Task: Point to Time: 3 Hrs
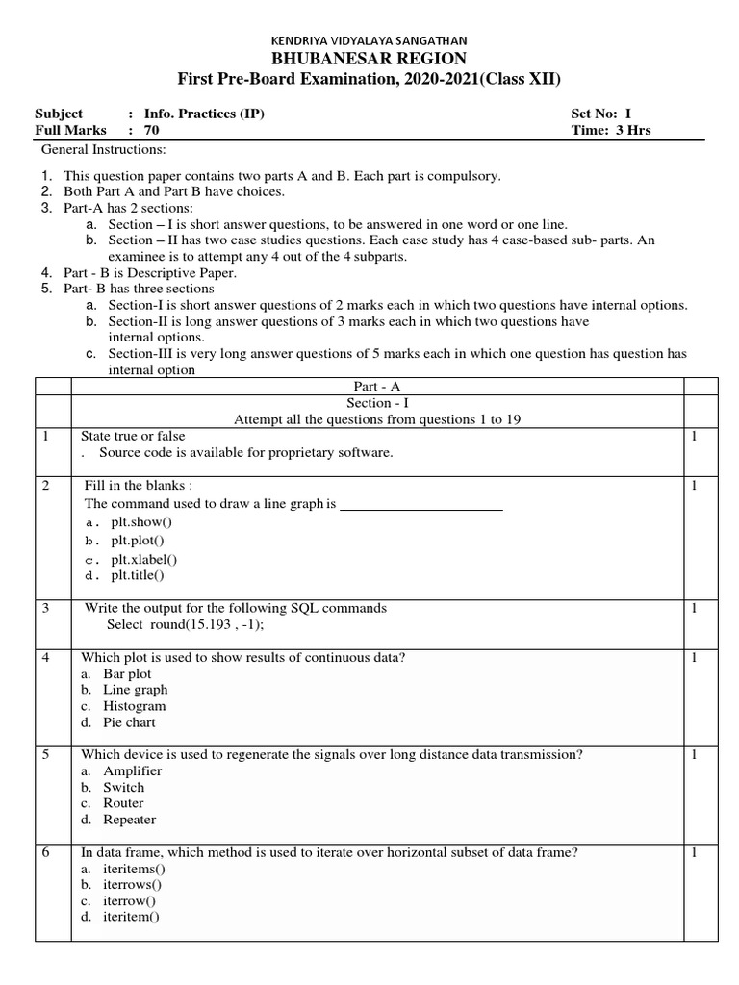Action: click(x=610, y=130)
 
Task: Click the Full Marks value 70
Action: click(x=152, y=130)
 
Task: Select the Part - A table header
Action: click(x=376, y=386)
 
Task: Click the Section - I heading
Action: click(x=376, y=403)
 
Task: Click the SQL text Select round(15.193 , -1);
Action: click(x=184, y=624)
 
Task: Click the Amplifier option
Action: click(x=133, y=770)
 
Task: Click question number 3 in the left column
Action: click(x=46, y=608)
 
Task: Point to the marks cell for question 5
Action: click(x=694, y=755)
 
